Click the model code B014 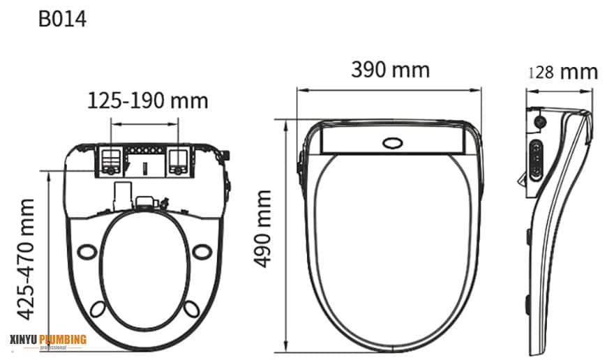pyautogui.click(x=62, y=19)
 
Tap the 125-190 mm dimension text pyautogui.click(x=147, y=100)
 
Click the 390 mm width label pyautogui.click(x=390, y=70)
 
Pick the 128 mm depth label pyautogui.click(x=563, y=72)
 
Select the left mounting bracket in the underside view pyautogui.click(x=110, y=160)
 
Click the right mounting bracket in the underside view pyautogui.click(x=179, y=160)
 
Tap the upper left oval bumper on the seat pyautogui.click(x=87, y=250)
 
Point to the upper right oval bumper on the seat pyautogui.click(x=202, y=250)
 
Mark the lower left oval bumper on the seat pyautogui.click(x=100, y=307)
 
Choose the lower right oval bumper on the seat pyautogui.click(x=191, y=307)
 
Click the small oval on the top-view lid pyautogui.click(x=393, y=143)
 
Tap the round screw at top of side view pyautogui.click(x=539, y=121)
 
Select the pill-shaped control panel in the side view pyautogui.click(x=535, y=160)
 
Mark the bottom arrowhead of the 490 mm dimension pyautogui.click(x=287, y=349)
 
